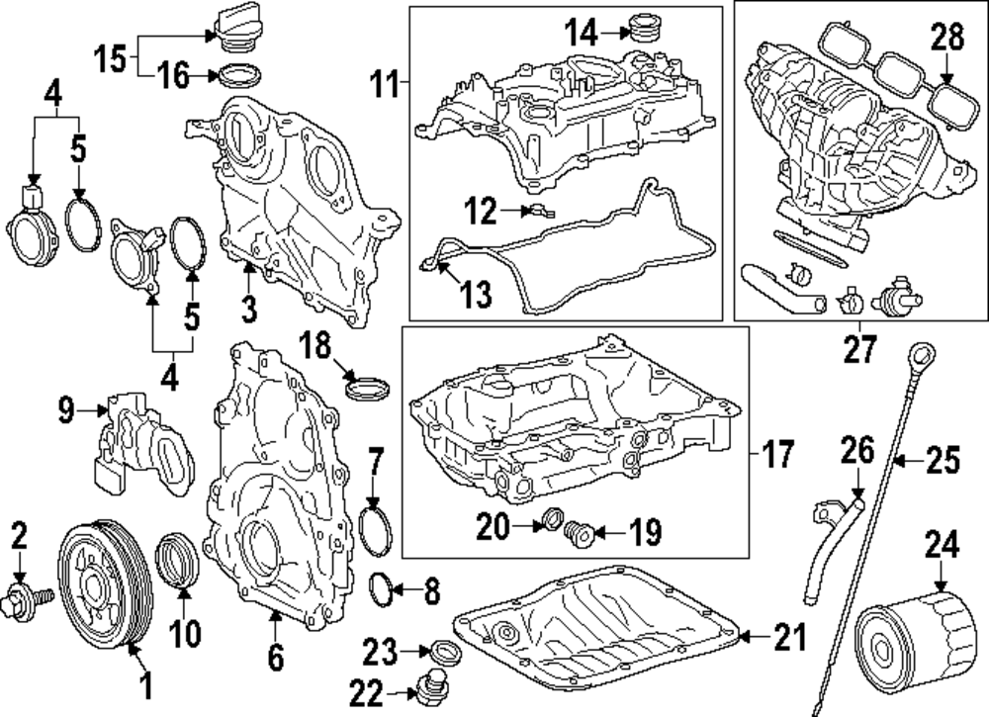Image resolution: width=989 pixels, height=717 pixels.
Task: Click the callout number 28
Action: [x=945, y=40]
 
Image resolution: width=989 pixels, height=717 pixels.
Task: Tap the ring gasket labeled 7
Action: [x=375, y=530]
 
